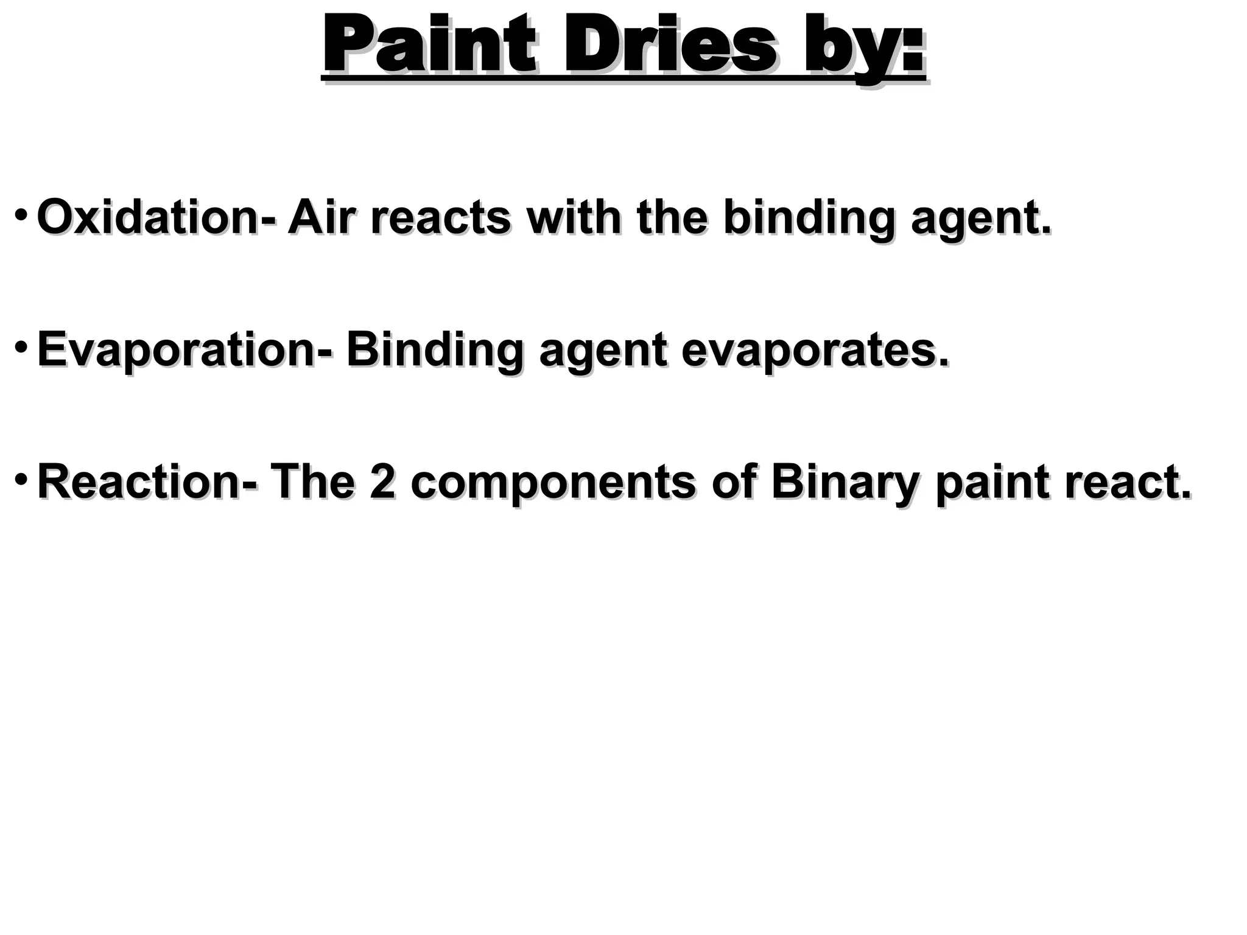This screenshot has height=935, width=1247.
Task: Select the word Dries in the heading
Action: click(670, 46)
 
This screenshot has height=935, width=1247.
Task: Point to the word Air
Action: click(320, 217)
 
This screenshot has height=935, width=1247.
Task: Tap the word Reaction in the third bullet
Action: click(143, 482)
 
